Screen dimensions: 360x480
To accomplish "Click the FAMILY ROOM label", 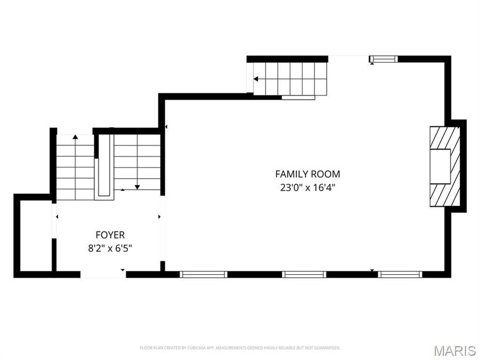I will pyautogui.click(x=307, y=174).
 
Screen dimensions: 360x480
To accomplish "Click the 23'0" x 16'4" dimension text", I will pyautogui.click(x=307, y=187).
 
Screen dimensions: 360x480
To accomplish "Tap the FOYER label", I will pyautogui.click(x=110, y=235).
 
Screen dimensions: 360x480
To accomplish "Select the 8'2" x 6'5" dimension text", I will pyautogui.click(x=110, y=247).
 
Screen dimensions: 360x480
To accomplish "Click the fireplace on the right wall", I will pyautogui.click(x=445, y=166).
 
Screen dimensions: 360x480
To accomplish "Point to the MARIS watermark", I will pyautogui.click(x=454, y=350).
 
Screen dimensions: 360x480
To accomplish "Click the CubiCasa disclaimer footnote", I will pyautogui.click(x=240, y=348).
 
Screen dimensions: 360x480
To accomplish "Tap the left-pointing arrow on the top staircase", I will pyautogui.click(x=256, y=79).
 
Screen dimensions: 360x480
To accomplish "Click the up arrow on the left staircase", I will pyautogui.click(x=75, y=137).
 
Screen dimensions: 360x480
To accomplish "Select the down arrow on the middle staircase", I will pyautogui.click(x=137, y=187).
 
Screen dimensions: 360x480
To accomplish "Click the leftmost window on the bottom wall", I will pyautogui.click(x=204, y=274).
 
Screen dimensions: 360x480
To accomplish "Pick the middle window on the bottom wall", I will pyautogui.click(x=304, y=274).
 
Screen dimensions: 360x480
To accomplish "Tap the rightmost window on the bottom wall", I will pyautogui.click(x=401, y=274).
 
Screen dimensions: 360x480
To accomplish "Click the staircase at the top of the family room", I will pyautogui.click(x=288, y=79).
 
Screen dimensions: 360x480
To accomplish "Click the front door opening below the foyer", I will pyautogui.click(x=103, y=274).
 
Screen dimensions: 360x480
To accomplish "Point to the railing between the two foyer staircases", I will pyautogui.click(x=103, y=166).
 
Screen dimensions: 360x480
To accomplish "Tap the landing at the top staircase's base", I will pyautogui.click(x=298, y=98).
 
